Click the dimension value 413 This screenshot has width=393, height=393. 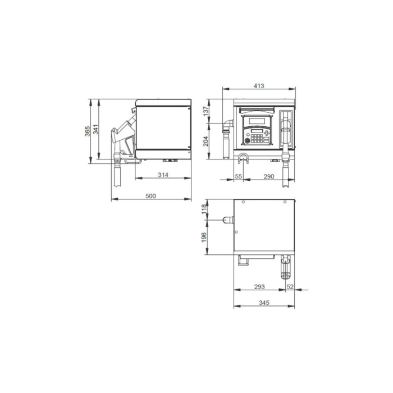[x=259, y=86]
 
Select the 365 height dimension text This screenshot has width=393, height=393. [x=87, y=131]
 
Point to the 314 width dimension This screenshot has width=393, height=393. [x=163, y=175]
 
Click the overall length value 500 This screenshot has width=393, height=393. [x=150, y=196]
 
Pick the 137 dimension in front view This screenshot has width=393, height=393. [x=205, y=111]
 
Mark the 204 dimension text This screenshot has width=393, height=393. [x=205, y=141]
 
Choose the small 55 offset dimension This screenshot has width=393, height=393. [x=238, y=176]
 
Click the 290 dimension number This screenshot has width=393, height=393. [x=268, y=176]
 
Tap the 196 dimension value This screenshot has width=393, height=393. [x=204, y=238]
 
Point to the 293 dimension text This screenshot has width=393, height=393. [x=259, y=287]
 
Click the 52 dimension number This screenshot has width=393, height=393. [x=290, y=287]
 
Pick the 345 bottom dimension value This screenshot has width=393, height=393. [x=264, y=303]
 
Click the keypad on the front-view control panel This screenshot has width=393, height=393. [x=258, y=136]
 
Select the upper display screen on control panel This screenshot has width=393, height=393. [x=258, y=120]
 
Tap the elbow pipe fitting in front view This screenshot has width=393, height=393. [x=227, y=125]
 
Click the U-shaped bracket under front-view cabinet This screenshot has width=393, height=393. [x=244, y=158]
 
